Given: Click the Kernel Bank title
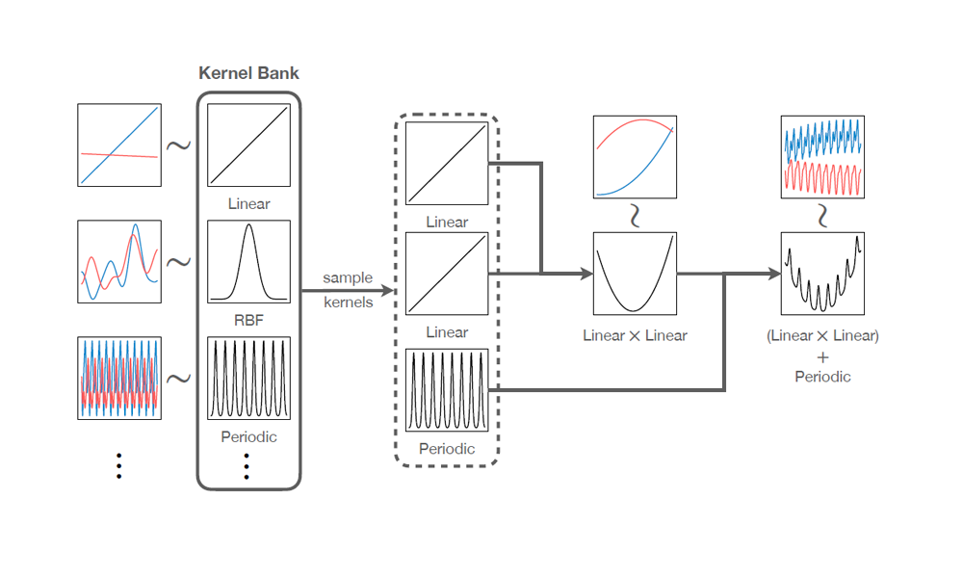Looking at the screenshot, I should [x=248, y=73].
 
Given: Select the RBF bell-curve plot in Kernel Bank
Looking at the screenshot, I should [x=249, y=262].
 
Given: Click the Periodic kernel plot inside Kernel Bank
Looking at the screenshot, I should [x=249, y=378].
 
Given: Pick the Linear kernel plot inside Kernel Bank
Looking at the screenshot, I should [x=249, y=144].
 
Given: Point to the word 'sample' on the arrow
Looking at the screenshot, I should [x=348, y=277].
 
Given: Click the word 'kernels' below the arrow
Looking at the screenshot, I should [x=348, y=302].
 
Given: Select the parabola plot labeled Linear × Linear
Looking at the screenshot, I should [x=634, y=274].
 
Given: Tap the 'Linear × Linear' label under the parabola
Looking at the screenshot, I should [x=634, y=336].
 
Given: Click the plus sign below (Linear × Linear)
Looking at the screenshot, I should [x=822, y=356].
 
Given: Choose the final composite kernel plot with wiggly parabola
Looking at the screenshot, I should [x=822, y=274].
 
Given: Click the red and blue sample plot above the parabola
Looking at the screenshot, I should [x=634, y=157].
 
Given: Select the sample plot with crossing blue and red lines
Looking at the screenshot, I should [x=119, y=144].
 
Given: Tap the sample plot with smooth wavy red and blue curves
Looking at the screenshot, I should [x=119, y=262].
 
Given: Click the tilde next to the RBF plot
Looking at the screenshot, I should [x=179, y=262].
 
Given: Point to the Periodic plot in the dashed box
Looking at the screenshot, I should [x=447, y=391].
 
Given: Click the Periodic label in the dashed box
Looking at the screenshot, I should [x=447, y=449].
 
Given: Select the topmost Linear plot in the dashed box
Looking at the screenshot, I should [x=447, y=163].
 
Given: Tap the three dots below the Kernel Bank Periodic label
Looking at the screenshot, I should [x=248, y=466].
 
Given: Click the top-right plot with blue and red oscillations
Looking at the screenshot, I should [x=822, y=157].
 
